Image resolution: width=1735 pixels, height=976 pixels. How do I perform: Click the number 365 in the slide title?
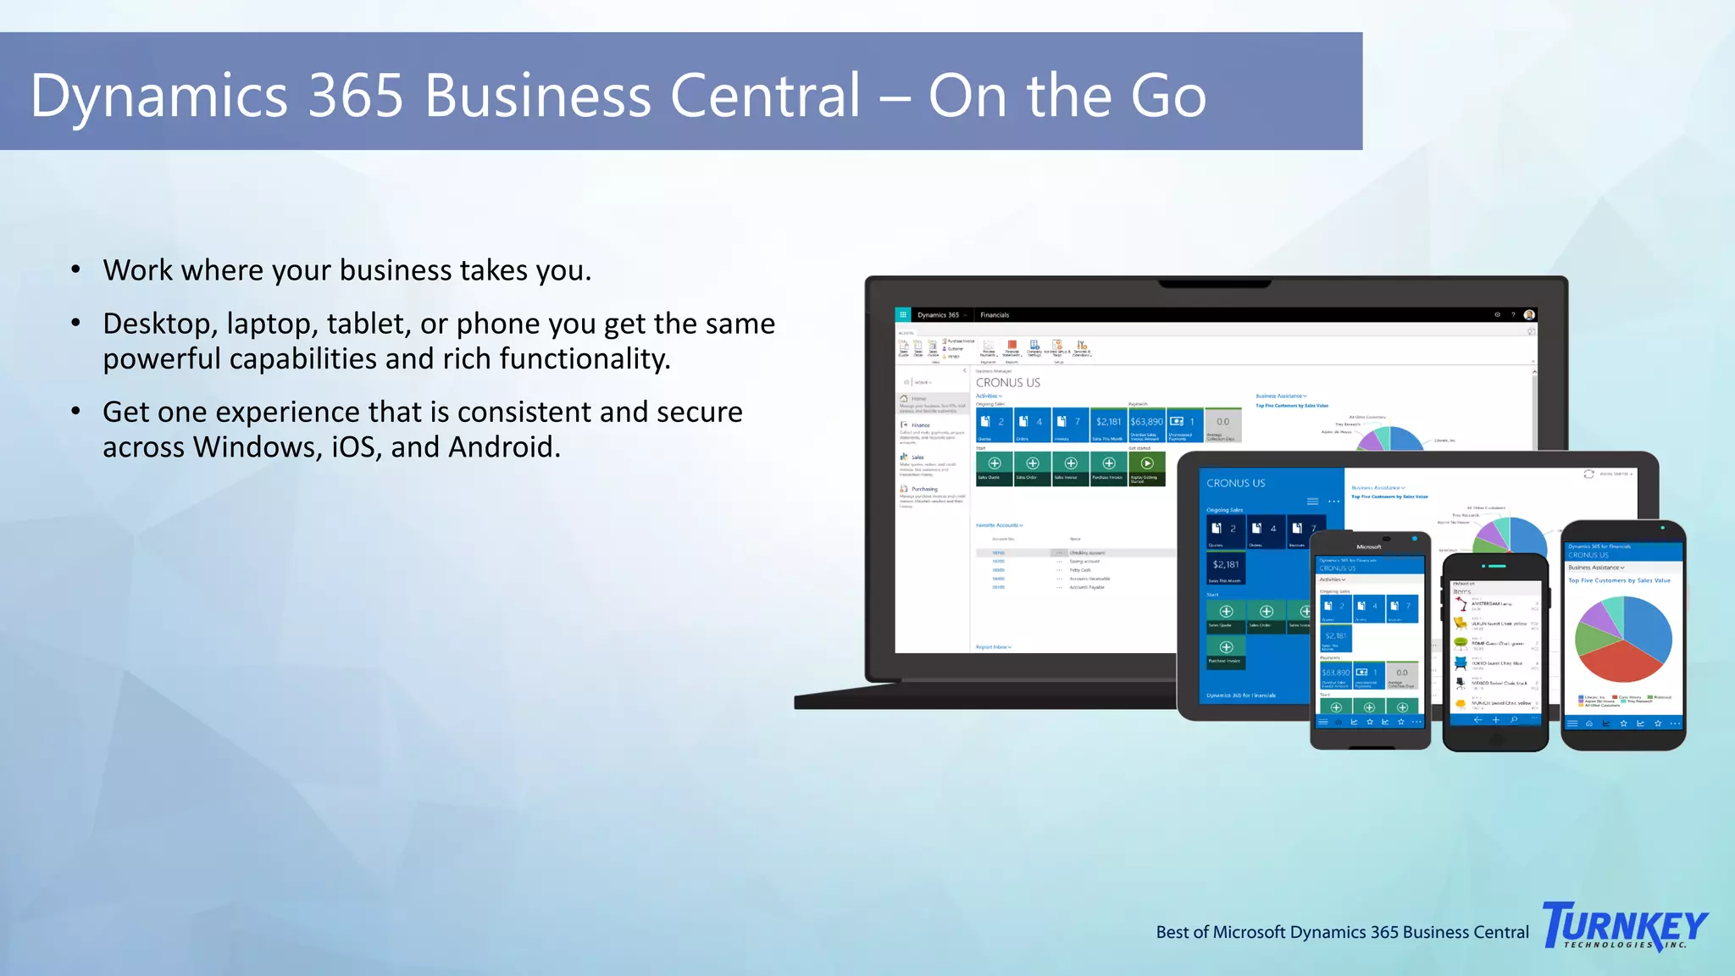click(x=355, y=95)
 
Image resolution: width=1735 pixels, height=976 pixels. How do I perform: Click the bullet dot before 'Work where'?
click(x=76, y=270)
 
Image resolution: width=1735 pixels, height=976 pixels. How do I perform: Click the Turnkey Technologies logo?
click(x=1625, y=925)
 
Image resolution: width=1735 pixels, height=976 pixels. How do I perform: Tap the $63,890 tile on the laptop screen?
click(x=1146, y=423)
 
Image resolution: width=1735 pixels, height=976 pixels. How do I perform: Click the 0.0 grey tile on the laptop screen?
click(x=1222, y=423)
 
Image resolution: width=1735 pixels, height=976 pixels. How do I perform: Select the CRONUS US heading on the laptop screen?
click(x=1007, y=383)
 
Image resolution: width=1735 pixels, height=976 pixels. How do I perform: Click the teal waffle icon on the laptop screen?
click(x=903, y=314)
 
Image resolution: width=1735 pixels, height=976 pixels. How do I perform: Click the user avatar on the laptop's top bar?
click(x=1529, y=314)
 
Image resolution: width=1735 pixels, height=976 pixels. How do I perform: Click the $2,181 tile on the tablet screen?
click(x=1225, y=566)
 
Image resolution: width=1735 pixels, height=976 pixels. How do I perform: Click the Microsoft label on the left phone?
click(x=1368, y=547)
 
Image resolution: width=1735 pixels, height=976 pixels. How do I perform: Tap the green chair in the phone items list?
click(x=1461, y=644)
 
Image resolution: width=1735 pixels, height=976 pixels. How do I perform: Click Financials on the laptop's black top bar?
click(x=995, y=315)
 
